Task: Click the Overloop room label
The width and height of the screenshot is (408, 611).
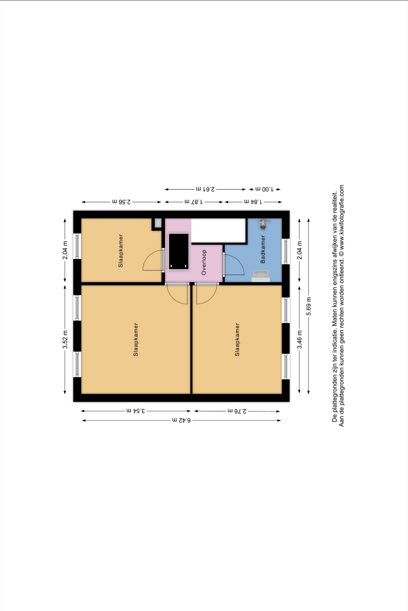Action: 204,262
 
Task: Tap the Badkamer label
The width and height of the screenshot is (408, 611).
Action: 263,249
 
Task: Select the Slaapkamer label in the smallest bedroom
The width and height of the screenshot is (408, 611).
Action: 121,251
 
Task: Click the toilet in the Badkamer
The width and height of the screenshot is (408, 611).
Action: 264,224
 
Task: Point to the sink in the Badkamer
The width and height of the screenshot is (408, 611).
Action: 261,276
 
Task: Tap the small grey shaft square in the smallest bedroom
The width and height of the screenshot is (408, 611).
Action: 158,223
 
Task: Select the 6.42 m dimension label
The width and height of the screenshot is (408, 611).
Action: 181,420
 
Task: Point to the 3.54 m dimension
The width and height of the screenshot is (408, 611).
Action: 136,411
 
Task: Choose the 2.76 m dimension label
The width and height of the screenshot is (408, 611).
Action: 237,411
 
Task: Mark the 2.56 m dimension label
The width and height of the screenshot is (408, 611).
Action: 121,202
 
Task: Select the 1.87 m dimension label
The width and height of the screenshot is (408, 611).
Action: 194,202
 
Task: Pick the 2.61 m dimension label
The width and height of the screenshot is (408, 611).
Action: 205,189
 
